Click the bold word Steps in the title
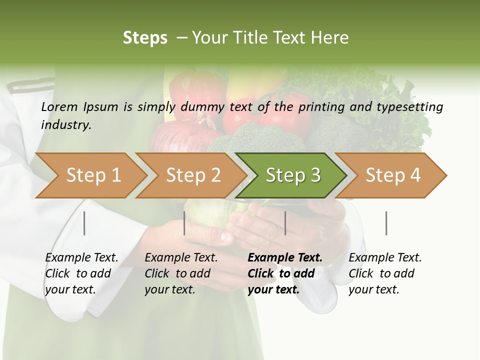pos(145,38)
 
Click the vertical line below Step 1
pos(84,223)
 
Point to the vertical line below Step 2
pos(184,223)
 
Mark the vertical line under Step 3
pos(285,223)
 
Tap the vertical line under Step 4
pos(386,223)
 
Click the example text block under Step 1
pos(81,273)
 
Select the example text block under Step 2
pos(181,273)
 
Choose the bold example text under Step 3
pos(284,273)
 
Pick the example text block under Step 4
pos(385,273)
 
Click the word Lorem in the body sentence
pos(59,106)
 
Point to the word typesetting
pos(413,107)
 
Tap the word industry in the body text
pos(66,125)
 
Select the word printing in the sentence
pos(317,107)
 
